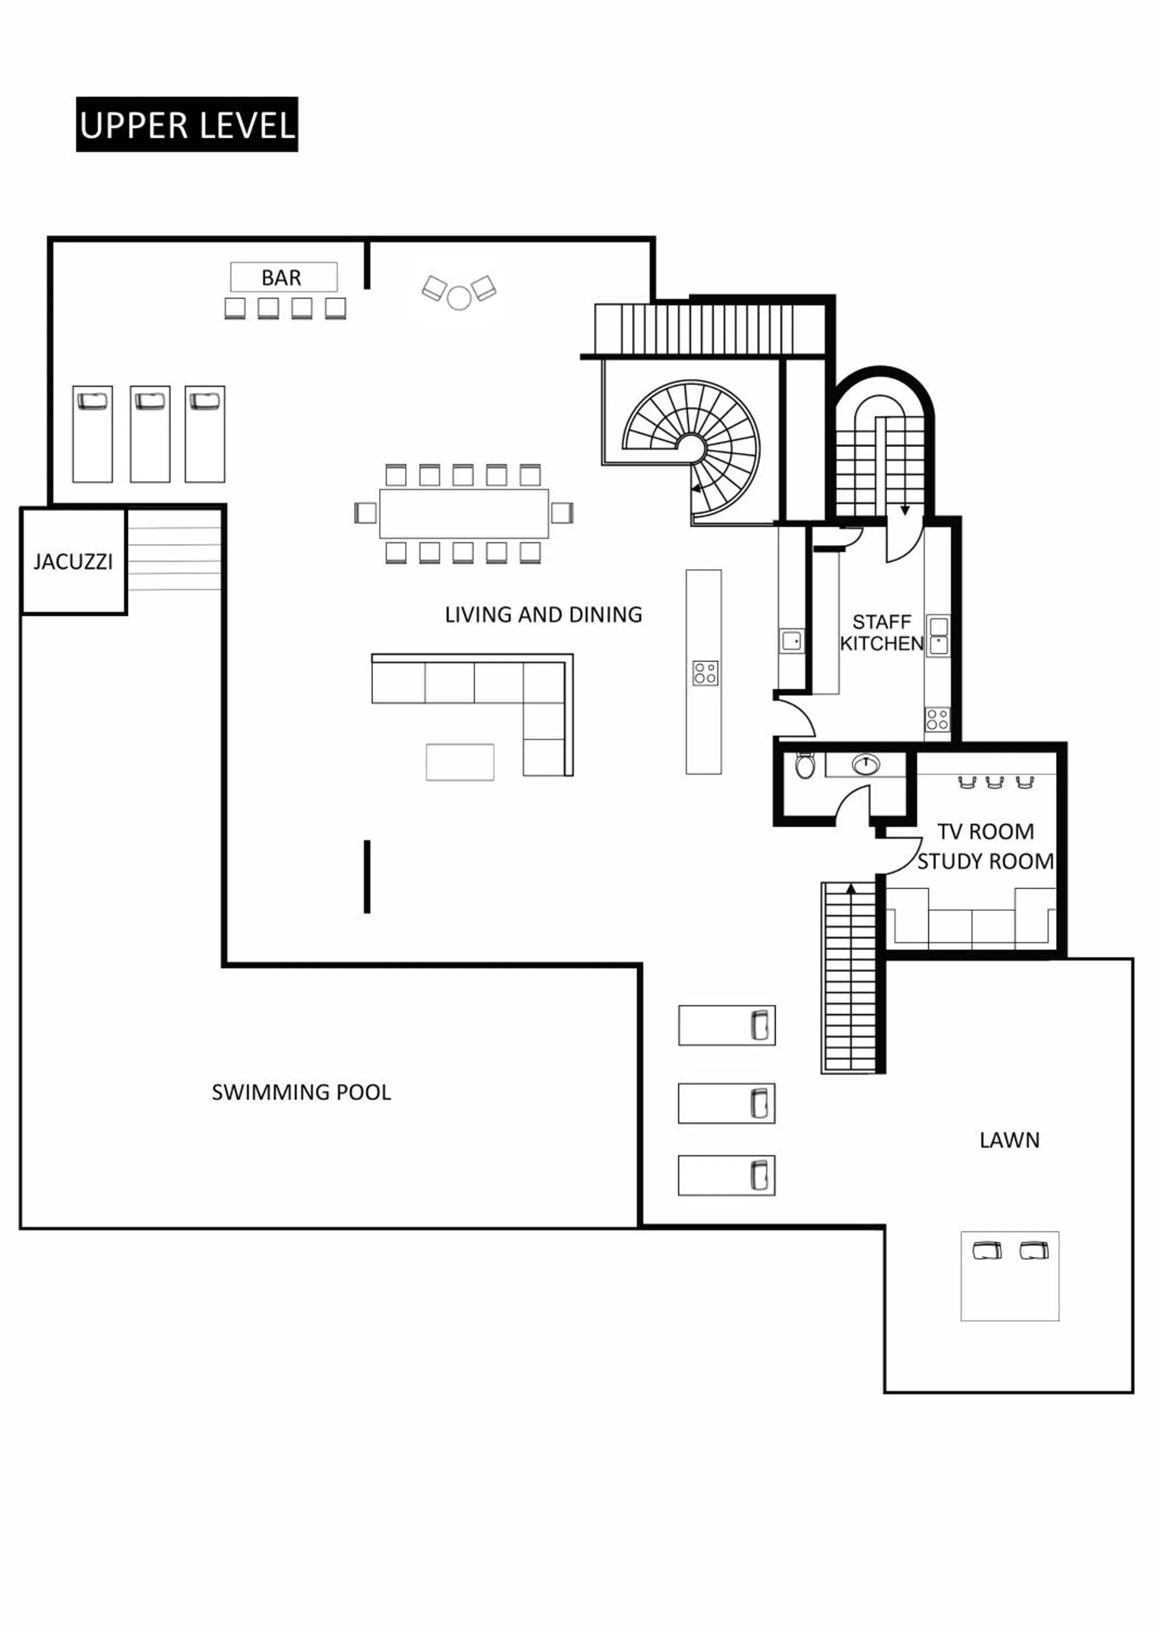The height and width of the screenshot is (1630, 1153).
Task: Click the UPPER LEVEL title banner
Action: (187, 124)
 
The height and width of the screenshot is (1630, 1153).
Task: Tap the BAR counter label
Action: (283, 278)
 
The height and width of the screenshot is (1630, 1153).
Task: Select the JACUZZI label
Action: (73, 562)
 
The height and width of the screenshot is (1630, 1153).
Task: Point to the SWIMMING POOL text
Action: (301, 1092)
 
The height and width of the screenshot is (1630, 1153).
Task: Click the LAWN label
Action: (1009, 1140)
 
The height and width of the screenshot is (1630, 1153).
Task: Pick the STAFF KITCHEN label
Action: (881, 632)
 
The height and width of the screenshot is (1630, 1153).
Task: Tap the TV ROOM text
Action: (986, 831)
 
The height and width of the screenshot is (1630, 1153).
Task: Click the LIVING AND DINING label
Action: (543, 615)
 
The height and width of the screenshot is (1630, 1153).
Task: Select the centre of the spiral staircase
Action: (690, 447)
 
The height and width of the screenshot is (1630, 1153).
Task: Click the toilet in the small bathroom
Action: (804, 766)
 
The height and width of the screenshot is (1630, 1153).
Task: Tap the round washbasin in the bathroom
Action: (866, 764)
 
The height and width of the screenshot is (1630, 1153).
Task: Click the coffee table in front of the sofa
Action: (459, 762)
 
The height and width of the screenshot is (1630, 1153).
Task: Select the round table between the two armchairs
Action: (459, 297)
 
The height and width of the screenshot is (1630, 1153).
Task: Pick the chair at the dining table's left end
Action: (365, 512)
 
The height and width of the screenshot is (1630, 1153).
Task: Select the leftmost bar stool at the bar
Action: (235, 308)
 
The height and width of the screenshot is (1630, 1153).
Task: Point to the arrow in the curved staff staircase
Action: (905, 510)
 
